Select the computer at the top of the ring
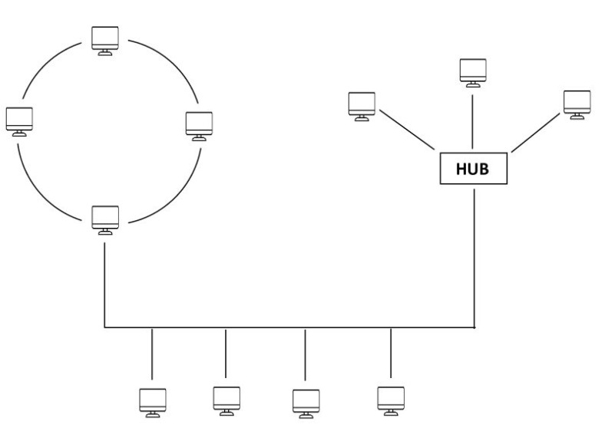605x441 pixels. click(105, 38)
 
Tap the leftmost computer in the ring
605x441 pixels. click(18, 120)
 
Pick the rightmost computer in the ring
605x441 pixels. click(199, 124)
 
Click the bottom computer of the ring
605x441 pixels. click(105, 218)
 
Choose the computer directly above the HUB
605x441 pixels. click(472, 71)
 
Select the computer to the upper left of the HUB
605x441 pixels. click(361, 106)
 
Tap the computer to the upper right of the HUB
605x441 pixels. click(576, 104)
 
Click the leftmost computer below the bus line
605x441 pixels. click(152, 402)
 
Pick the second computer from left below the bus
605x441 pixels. click(226, 399)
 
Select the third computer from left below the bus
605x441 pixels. click(306, 403)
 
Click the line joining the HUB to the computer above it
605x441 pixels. click(472, 119)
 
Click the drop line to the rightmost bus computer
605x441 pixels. click(390, 353)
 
